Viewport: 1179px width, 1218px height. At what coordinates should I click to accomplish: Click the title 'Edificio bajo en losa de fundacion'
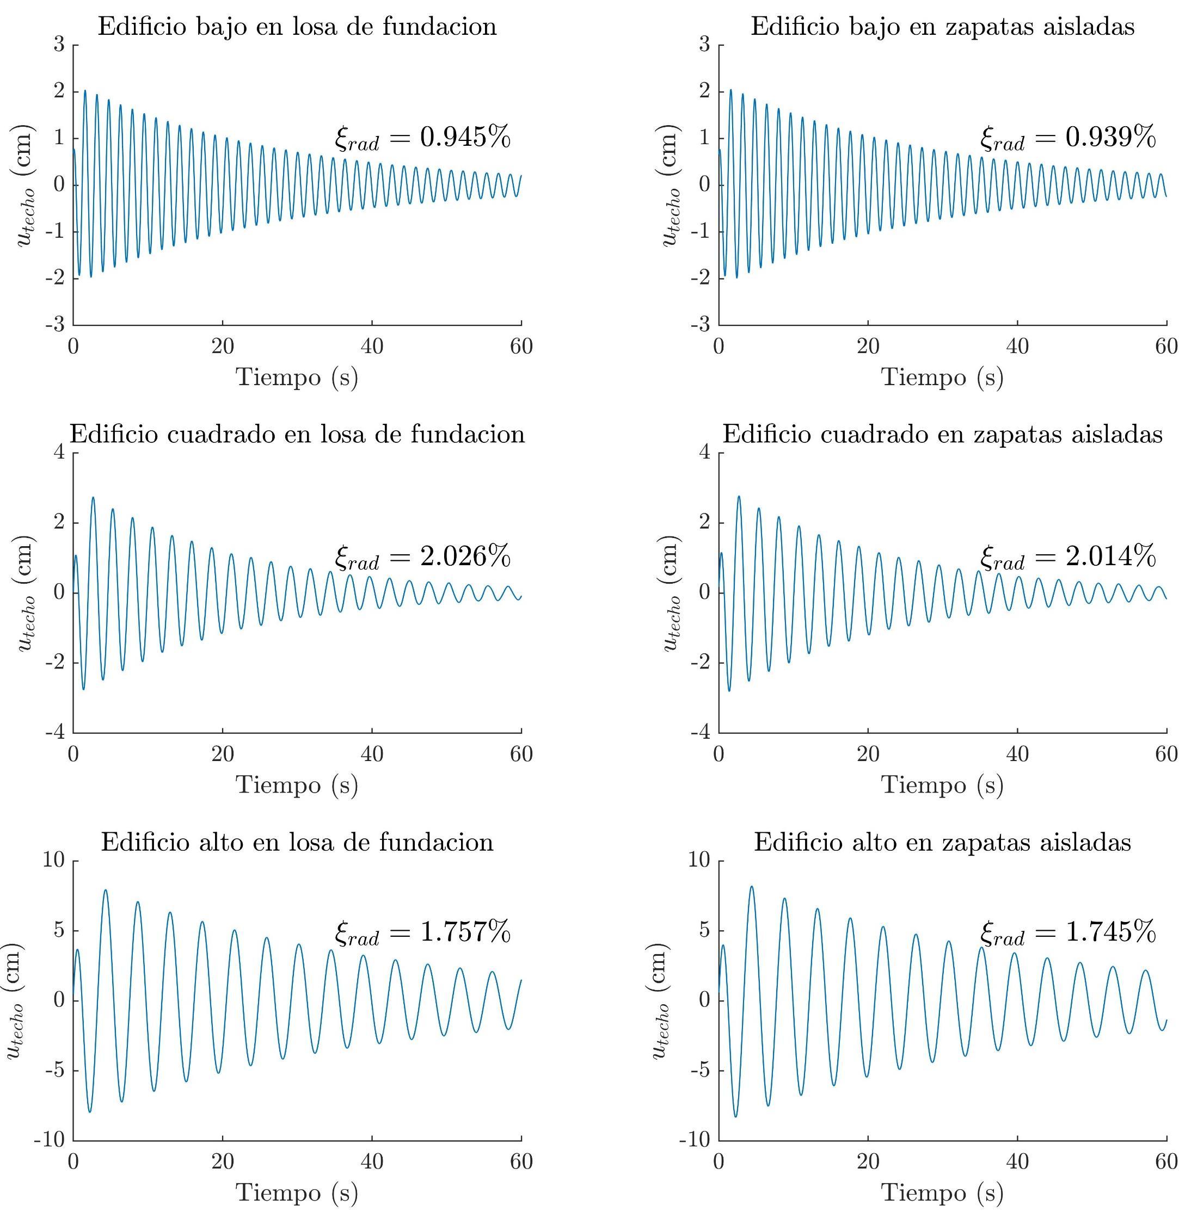coord(297,27)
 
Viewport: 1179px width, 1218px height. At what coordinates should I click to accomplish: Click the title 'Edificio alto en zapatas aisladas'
coord(942,842)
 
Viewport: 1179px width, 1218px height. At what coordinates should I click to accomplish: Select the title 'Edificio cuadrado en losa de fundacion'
coord(297,434)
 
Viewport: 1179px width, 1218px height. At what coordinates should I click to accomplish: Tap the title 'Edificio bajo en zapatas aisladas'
coord(942,27)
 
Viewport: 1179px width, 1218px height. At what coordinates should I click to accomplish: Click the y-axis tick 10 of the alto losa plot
coord(53,861)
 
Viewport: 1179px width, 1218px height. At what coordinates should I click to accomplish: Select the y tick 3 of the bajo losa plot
coord(60,45)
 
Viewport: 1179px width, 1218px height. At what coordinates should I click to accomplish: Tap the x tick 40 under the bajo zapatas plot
coord(1017,347)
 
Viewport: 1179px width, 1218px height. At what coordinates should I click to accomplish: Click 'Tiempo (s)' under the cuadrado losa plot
coord(297,784)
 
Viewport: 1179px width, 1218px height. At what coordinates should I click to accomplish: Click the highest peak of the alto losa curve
coord(105,890)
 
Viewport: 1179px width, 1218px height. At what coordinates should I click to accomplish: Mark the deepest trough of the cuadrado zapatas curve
coord(729,690)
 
